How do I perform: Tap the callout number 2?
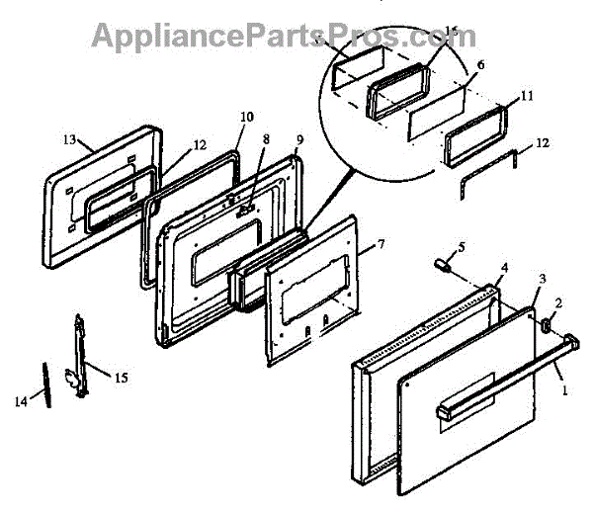pyautogui.click(x=558, y=303)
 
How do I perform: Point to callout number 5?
pyautogui.click(x=460, y=246)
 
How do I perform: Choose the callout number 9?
pyautogui.click(x=299, y=138)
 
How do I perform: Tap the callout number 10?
pyautogui.click(x=246, y=117)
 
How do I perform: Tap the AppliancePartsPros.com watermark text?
pyautogui.click(x=284, y=36)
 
